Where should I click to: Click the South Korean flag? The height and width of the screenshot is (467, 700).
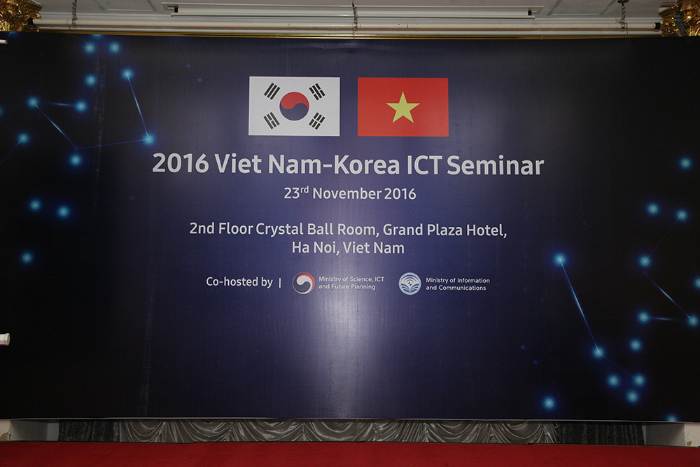[x=294, y=106]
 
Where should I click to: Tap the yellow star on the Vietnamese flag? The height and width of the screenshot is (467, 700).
[x=402, y=107]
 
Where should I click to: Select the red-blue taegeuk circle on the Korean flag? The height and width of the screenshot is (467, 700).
[x=294, y=106]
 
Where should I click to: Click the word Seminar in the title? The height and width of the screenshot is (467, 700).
[x=495, y=165]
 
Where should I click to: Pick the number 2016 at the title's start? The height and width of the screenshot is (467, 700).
[x=181, y=164]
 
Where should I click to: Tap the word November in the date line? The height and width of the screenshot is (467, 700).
[x=347, y=193]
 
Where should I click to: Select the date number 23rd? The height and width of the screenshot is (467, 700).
[x=296, y=193]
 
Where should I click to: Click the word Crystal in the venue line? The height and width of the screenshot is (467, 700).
[x=279, y=229]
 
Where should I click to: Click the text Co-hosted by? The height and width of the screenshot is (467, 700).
[x=239, y=281]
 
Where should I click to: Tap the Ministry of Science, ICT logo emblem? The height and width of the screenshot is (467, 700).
[x=304, y=283]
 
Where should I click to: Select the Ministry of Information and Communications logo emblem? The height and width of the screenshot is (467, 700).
[x=409, y=284]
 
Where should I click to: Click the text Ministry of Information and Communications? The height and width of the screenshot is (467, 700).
[x=458, y=284]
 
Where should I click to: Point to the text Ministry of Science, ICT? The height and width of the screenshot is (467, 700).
[x=351, y=279]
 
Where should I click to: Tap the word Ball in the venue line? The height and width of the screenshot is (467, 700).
[x=320, y=229]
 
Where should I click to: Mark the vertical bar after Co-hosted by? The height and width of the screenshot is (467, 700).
[x=280, y=283]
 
